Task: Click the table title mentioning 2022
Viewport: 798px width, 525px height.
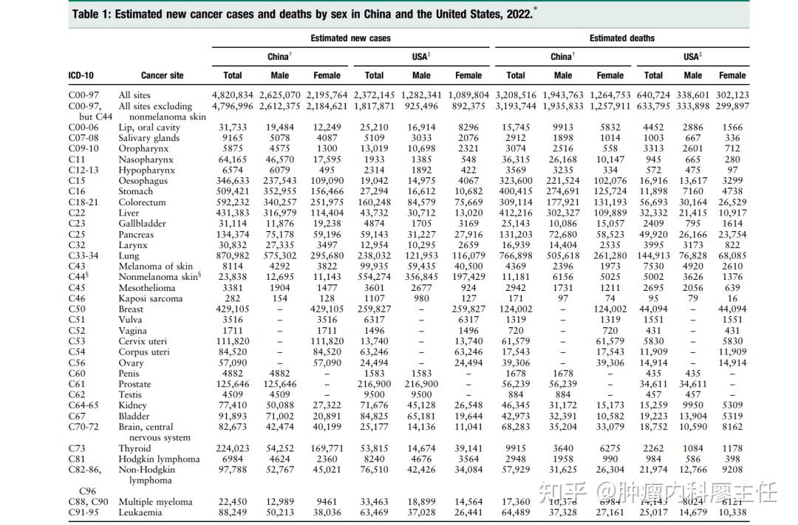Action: pos(303,14)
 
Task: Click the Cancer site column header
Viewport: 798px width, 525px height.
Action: pos(162,75)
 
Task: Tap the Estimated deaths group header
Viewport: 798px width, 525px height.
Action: pos(621,38)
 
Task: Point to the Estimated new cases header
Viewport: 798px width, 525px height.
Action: pos(350,38)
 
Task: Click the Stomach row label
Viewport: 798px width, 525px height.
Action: pos(136,192)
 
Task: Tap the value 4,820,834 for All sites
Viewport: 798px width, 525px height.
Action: pos(232,95)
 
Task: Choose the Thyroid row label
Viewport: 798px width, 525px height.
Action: pos(136,448)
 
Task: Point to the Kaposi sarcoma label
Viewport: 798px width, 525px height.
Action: pos(150,299)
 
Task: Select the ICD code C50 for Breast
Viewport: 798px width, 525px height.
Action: pos(78,309)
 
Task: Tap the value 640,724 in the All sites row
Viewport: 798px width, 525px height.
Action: pos(653,95)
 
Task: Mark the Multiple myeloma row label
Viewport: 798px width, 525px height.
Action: pos(155,502)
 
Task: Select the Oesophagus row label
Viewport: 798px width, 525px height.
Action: pos(143,181)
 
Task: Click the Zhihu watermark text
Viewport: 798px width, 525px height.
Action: pos(658,490)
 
